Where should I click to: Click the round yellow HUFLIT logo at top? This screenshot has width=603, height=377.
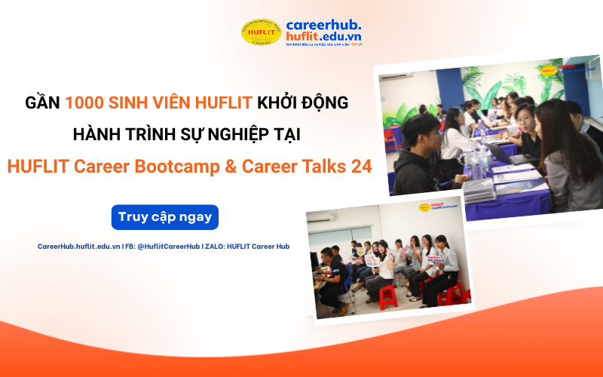click(x=261, y=32)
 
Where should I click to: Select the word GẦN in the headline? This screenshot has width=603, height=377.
click(x=42, y=103)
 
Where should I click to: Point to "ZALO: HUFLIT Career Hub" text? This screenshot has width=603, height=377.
click(x=253, y=247)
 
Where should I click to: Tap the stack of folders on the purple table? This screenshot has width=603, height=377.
click(x=482, y=186)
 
